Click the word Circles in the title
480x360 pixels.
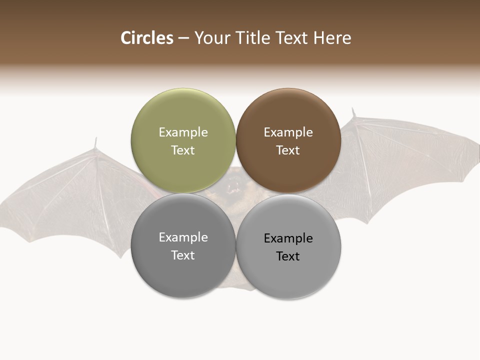click(147, 38)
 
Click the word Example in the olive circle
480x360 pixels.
click(183, 132)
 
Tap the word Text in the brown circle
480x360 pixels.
click(288, 150)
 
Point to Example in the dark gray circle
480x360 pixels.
click(183, 237)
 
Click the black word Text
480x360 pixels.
click(288, 256)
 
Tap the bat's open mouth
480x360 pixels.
click(232, 188)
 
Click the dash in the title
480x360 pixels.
click(183, 38)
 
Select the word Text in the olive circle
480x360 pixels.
click(183, 150)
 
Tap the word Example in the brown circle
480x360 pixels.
click(288, 132)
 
